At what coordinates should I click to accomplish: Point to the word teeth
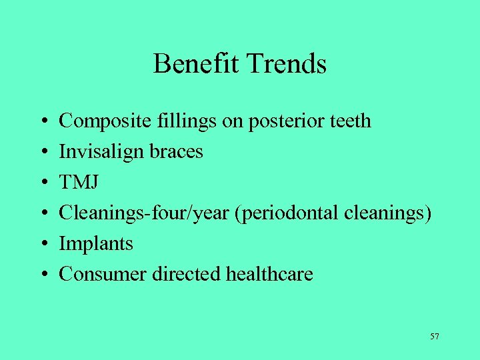click(x=350, y=121)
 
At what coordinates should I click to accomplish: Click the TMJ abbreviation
click(x=77, y=183)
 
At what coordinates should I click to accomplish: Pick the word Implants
click(x=96, y=244)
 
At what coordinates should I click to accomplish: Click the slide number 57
click(x=435, y=337)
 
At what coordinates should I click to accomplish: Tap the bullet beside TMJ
click(x=43, y=183)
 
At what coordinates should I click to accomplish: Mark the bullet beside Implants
click(x=43, y=245)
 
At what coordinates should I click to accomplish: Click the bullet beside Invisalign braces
click(x=43, y=153)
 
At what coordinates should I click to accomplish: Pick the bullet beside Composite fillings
click(x=43, y=122)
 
